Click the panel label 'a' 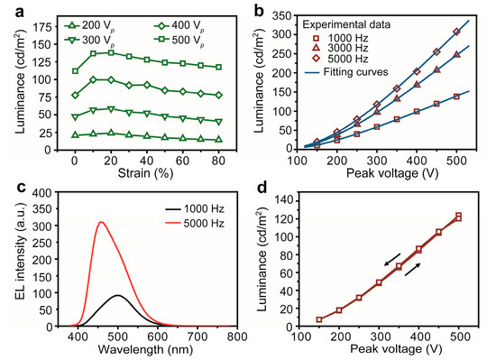(x=8, y=10)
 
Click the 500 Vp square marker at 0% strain (x=75, y=70)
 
